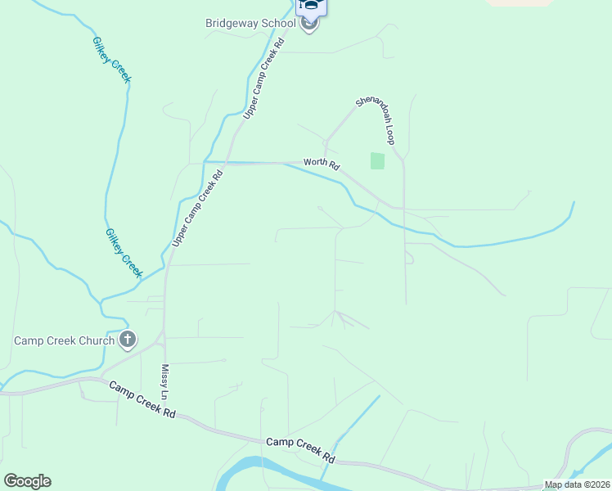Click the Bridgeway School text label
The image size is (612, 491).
[250, 23]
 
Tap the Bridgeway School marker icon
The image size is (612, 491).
[309, 23]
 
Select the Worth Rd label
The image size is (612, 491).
[321, 164]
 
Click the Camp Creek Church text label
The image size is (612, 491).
[64, 340]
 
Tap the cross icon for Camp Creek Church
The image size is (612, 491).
[127, 339]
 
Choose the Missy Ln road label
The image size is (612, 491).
[164, 382]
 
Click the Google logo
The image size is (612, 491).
[27, 481]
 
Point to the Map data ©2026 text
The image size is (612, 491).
[577, 484]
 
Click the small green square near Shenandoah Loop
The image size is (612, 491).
[377, 160]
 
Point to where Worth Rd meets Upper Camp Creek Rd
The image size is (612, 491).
[227, 163]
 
